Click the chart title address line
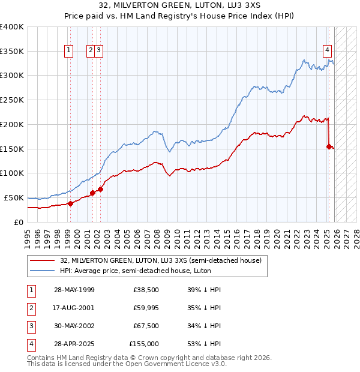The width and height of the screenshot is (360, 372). pyautogui.click(x=180, y=5)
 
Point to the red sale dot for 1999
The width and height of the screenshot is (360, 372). pyautogui.click(x=70, y=203)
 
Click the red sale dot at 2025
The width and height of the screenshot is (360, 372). pyautogui.click(x=329, y=146)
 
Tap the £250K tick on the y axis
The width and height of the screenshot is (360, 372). pyautogui.click(x=12, y=100)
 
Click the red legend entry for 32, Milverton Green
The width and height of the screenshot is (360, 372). pyautogui.click(x=161, y=261)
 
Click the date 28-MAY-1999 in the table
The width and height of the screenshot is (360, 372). pyautogui.click(x=74, y=290)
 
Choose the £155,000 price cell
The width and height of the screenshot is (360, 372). pyautogui.click(x=144, y=344)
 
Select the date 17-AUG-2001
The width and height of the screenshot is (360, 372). pyautogui.click(x=74, y=308)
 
